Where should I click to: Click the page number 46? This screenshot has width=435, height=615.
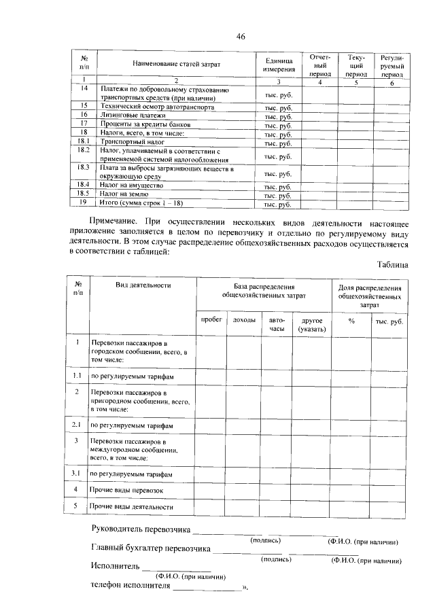point(240,36)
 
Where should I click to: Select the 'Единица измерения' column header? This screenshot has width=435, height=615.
point(279,64)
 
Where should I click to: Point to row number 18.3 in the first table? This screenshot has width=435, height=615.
point(84,167)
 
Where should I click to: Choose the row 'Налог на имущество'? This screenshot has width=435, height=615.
point(133,186)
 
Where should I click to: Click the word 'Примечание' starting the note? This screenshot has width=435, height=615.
point(120,221)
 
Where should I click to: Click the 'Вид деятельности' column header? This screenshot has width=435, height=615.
point(143,286)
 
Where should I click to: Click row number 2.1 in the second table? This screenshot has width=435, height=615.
point(77,425)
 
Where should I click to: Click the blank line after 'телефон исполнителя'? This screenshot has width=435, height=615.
point(207,589)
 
